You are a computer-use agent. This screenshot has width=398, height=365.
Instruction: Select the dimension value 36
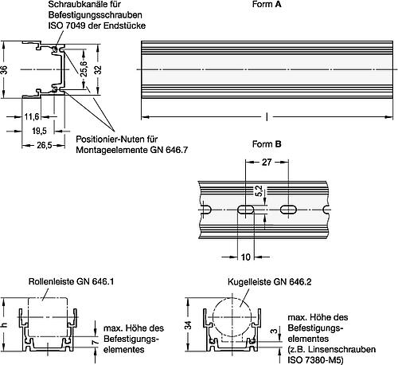[x=5, y=70]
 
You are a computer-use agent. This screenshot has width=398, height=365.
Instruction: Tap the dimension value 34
[x=188, y=324]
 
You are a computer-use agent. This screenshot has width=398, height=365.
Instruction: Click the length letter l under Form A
[x=266, y=116]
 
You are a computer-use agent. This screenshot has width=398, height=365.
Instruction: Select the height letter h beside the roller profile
[x=5, y=324]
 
